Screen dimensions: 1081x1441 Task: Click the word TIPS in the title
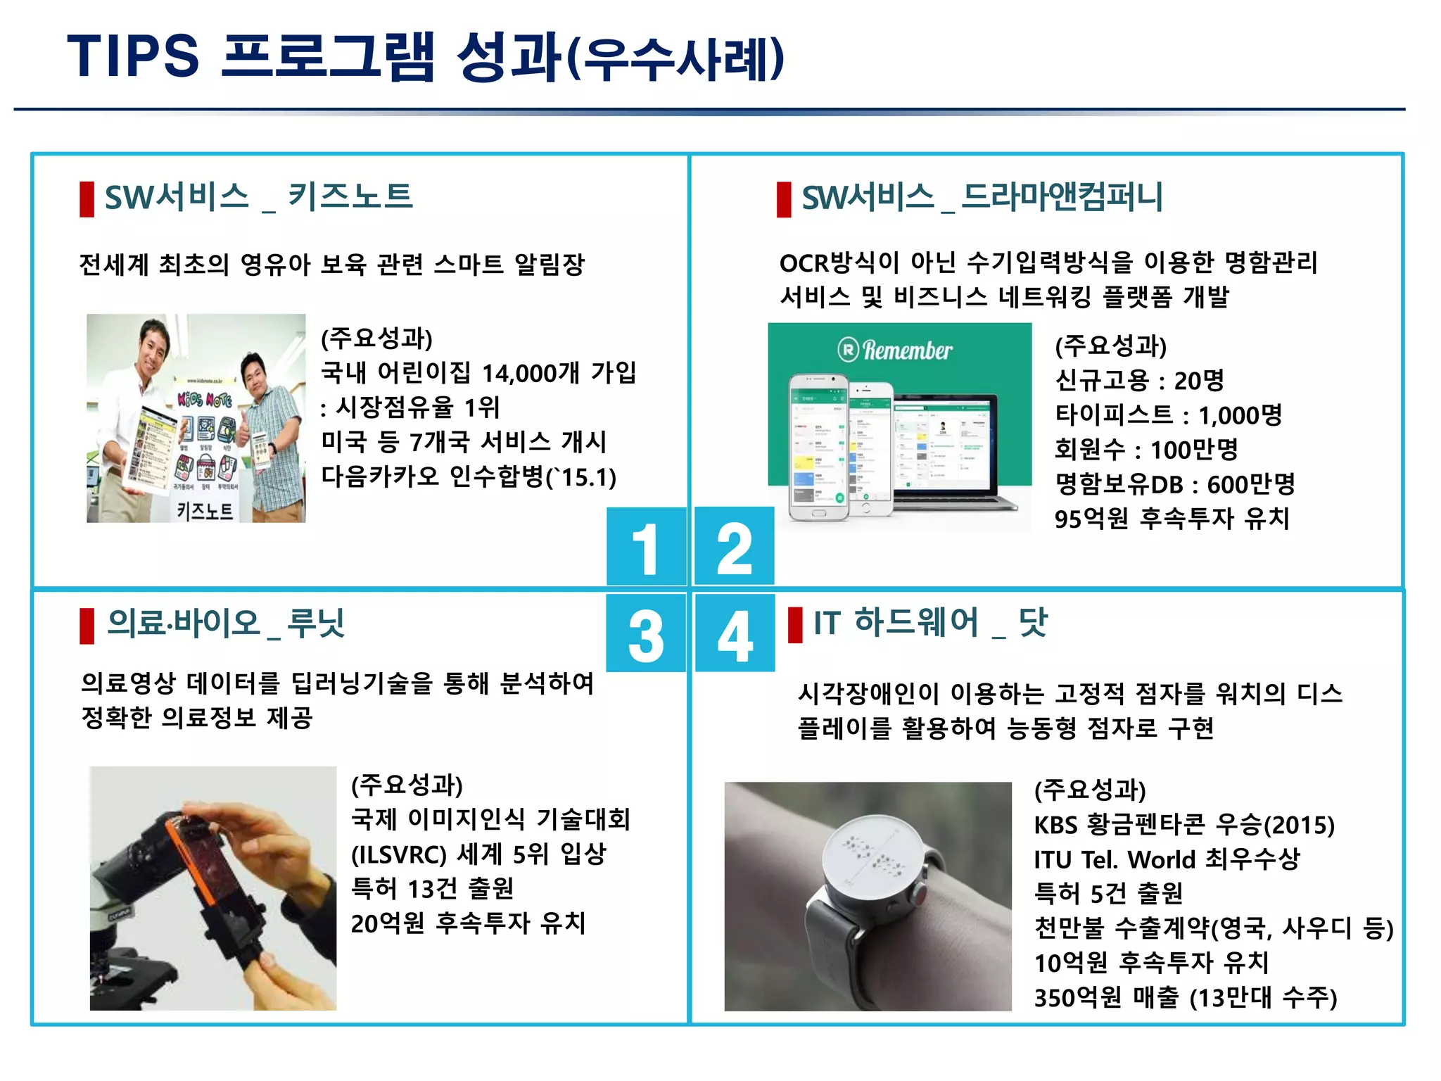point(133,56)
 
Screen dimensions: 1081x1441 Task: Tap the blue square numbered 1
point(646,547)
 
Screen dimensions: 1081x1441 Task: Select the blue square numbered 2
point(734,547)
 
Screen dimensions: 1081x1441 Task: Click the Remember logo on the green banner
point(895,350)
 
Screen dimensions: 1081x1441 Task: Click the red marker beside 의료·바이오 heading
point(87,626)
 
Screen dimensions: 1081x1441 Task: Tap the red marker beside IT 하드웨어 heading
point(795,625)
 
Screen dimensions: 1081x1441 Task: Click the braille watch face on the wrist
point(872,856)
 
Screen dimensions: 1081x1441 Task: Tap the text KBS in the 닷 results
point(1055,825)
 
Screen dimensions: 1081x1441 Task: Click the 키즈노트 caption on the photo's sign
point(205,510)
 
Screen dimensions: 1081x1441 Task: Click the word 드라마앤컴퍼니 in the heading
point(1062,197)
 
